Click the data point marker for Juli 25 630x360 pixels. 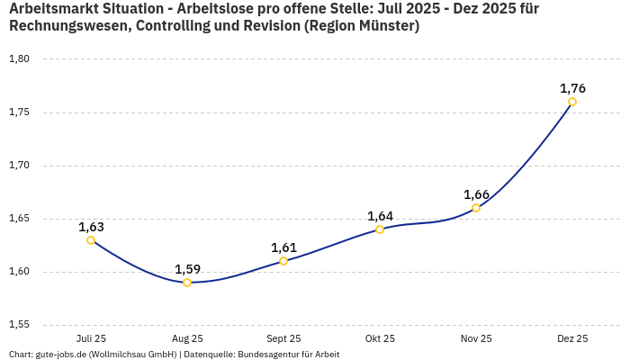91,240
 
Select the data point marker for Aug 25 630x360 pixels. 187,283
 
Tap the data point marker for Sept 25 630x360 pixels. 283,261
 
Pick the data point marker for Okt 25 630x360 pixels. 380,229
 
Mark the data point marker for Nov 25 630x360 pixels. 476,208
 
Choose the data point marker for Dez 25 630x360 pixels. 572,102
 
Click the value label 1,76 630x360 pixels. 572,88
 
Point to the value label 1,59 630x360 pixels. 187,269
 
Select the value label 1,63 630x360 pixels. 91,227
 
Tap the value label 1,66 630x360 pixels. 476,194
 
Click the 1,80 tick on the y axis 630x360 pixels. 19,59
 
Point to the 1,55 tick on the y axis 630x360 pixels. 19,325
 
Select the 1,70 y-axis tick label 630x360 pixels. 19,166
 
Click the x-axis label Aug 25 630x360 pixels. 187,338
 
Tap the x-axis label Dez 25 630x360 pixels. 572,338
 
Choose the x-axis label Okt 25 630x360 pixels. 380,338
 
